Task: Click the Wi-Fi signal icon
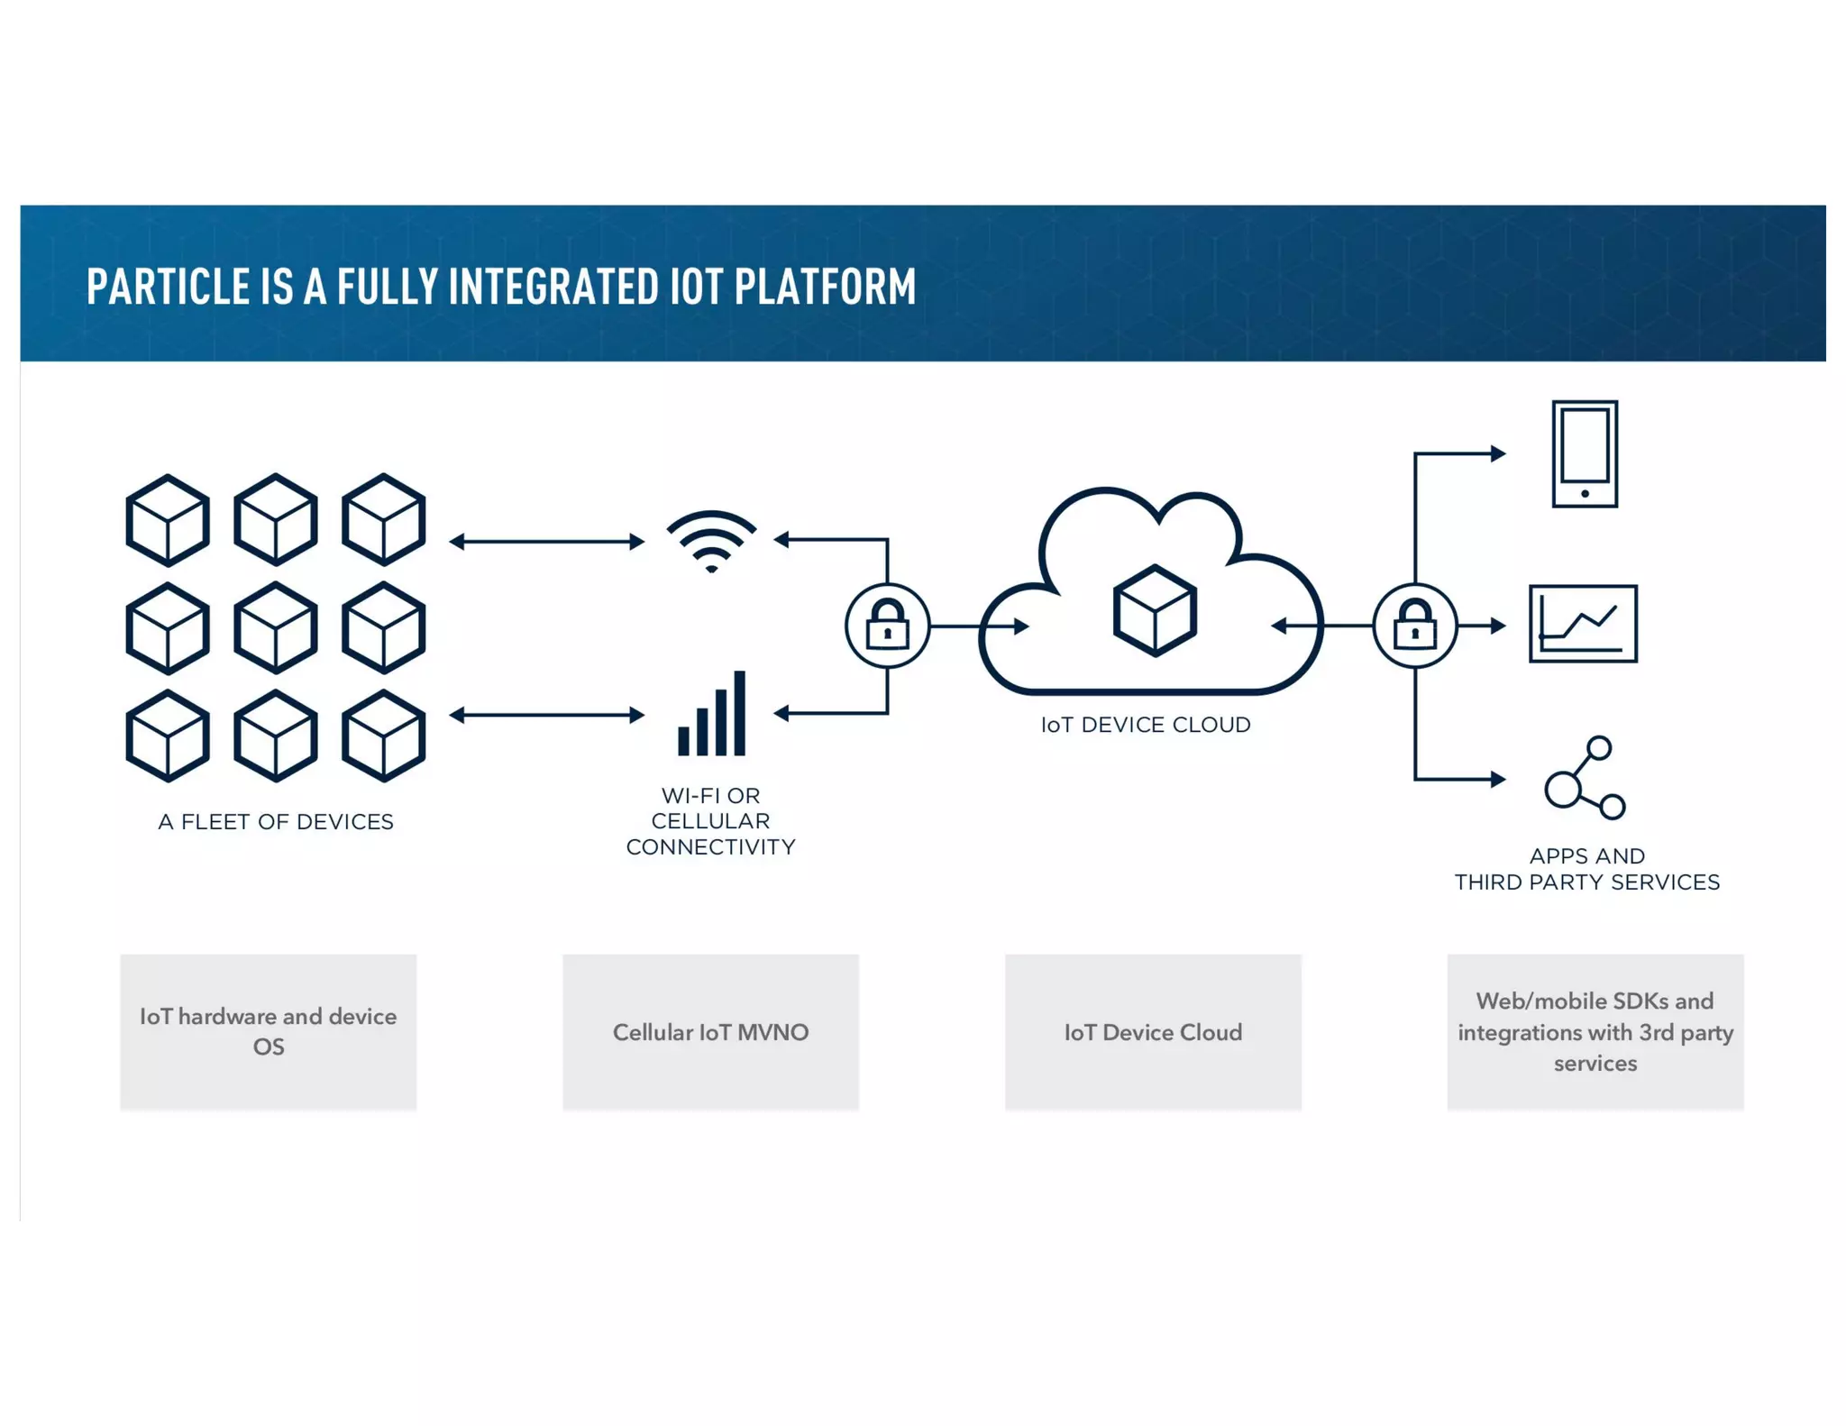tap(711, 541)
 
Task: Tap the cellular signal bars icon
tap(712, 715)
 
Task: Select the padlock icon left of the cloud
tap(887, 625)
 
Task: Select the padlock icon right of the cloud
tap(1414, 625)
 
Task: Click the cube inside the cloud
tap(1155, 610)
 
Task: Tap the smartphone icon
tap(1584, 454)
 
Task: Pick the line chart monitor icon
tap(1583, 624)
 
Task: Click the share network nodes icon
tap(1584, 778)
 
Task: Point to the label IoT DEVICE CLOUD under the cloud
tap(1145, 725)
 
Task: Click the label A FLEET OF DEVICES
tap(276, 822)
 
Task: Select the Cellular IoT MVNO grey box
tap(710, 1032)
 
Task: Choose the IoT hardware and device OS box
tap(268, 1032)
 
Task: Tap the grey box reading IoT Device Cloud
tap(1153, 1032)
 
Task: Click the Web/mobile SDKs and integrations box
tap(1595, 1032)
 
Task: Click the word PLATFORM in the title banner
tap(825, 287)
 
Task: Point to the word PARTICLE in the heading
tap(168, 287)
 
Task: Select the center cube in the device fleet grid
tap(276, 628)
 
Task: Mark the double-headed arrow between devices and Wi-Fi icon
tap(547, 541)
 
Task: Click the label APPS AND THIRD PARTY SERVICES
tap(1586, 869)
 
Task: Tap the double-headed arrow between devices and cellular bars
tap(547, 715)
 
